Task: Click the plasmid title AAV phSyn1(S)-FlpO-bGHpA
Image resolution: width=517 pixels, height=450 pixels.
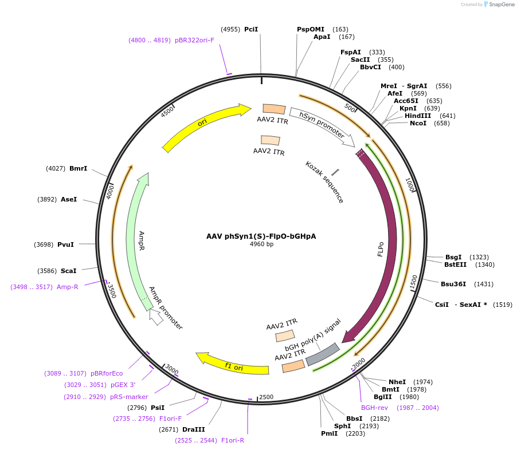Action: point(261,236)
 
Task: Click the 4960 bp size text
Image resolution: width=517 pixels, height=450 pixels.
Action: point(261,244)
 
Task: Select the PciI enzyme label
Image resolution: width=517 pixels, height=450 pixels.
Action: point(251,29)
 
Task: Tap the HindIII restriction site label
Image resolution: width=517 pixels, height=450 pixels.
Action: point(418,116)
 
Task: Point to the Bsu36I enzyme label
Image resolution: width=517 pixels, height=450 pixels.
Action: point(453,284)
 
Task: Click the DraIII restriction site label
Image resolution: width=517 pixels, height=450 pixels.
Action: point(193,429)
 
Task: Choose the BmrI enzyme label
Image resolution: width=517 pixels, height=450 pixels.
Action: point(78,168)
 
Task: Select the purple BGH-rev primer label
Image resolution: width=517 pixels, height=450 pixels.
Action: point(374,408)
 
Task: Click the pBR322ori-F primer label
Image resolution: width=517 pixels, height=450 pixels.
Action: point(195,40)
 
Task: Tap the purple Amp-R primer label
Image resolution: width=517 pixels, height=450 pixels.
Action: point(67,287)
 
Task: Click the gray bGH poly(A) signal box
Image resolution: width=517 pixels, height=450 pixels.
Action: point(322,354)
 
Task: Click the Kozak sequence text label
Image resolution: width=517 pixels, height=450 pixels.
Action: point(324,182)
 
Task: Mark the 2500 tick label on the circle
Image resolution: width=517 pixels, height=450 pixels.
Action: point(267,397)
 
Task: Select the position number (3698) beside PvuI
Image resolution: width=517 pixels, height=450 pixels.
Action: point(44,244)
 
